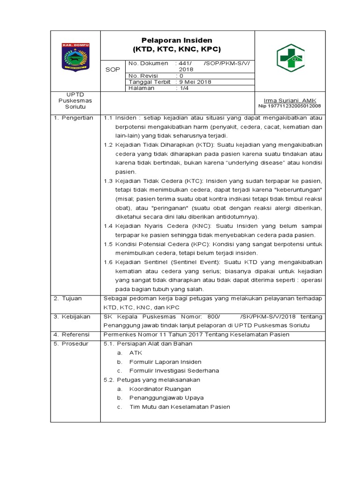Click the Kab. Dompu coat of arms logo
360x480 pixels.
pos(75,57)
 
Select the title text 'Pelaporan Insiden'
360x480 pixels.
pos(177,40)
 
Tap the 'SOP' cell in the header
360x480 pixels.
pos(112,69)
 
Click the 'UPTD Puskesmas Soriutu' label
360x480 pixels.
pos(75,100)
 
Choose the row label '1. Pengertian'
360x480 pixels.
pos(73,118)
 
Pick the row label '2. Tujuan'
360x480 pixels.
pos(68,298)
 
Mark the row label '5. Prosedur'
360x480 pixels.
pos(71,344)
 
